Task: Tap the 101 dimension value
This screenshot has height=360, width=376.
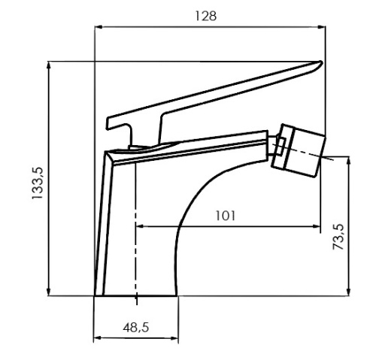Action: [225, 216]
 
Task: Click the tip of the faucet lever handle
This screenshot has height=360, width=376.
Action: [320, 63]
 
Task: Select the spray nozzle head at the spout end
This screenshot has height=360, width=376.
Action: [300, 149]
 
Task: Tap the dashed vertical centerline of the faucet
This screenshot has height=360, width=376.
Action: [136, 225]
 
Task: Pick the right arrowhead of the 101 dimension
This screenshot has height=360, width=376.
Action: [317, 225]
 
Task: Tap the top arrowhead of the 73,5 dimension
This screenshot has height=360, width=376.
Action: [350, 160]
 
